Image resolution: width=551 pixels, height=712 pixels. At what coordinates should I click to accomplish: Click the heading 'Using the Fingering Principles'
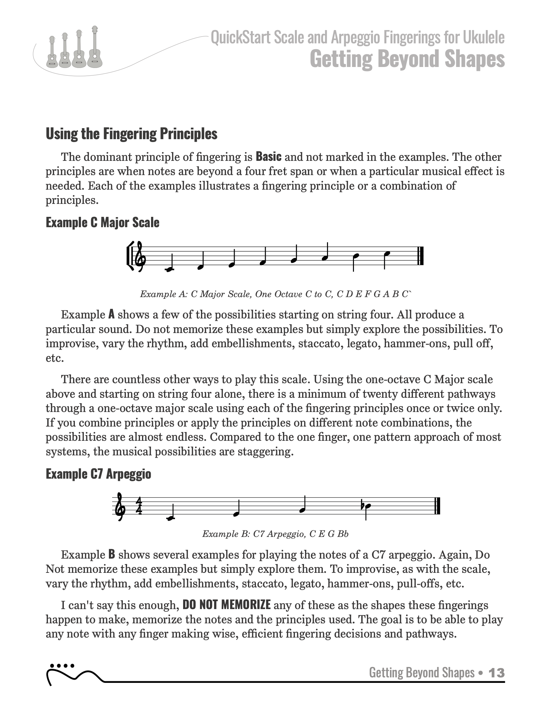131,134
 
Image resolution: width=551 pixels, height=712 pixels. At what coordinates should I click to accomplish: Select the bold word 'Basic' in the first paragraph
268,157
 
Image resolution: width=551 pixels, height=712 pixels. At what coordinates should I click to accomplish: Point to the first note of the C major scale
169,269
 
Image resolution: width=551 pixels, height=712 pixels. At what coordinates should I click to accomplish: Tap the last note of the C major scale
386,254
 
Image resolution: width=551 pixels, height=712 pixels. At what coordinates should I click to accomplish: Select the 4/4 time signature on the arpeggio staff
139,506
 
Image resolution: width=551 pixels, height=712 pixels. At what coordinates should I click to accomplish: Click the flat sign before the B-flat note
363,505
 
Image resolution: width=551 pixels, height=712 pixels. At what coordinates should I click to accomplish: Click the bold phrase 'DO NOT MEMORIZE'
226,605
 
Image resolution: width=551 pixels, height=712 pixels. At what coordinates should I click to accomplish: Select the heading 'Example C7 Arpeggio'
98,474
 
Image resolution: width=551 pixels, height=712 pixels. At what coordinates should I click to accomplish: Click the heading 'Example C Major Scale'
102,223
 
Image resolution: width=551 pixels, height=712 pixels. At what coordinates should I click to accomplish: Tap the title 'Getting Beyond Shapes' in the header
407,59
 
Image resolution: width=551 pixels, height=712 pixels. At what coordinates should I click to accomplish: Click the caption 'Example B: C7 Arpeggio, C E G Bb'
275,534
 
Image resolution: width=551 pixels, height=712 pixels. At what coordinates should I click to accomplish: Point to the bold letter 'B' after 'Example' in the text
111,554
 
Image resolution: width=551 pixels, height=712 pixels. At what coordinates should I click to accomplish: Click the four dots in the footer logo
62,665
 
